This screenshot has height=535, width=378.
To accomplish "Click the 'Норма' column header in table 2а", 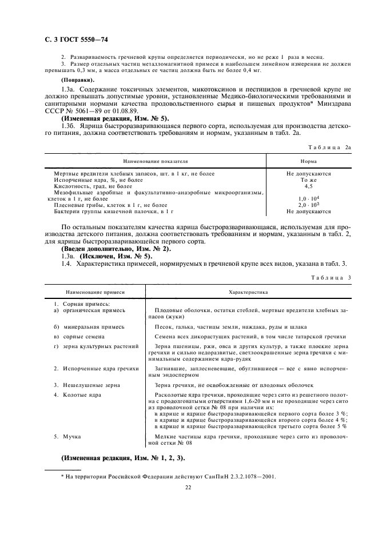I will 309,162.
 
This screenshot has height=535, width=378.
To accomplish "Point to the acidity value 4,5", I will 309,186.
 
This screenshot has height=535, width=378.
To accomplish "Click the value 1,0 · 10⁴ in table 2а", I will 309,198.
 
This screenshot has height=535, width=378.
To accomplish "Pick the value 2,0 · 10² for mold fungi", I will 309,205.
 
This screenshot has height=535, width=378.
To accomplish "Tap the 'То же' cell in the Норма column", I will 309,179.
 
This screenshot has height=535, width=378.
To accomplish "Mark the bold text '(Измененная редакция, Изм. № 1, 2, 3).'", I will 122,458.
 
